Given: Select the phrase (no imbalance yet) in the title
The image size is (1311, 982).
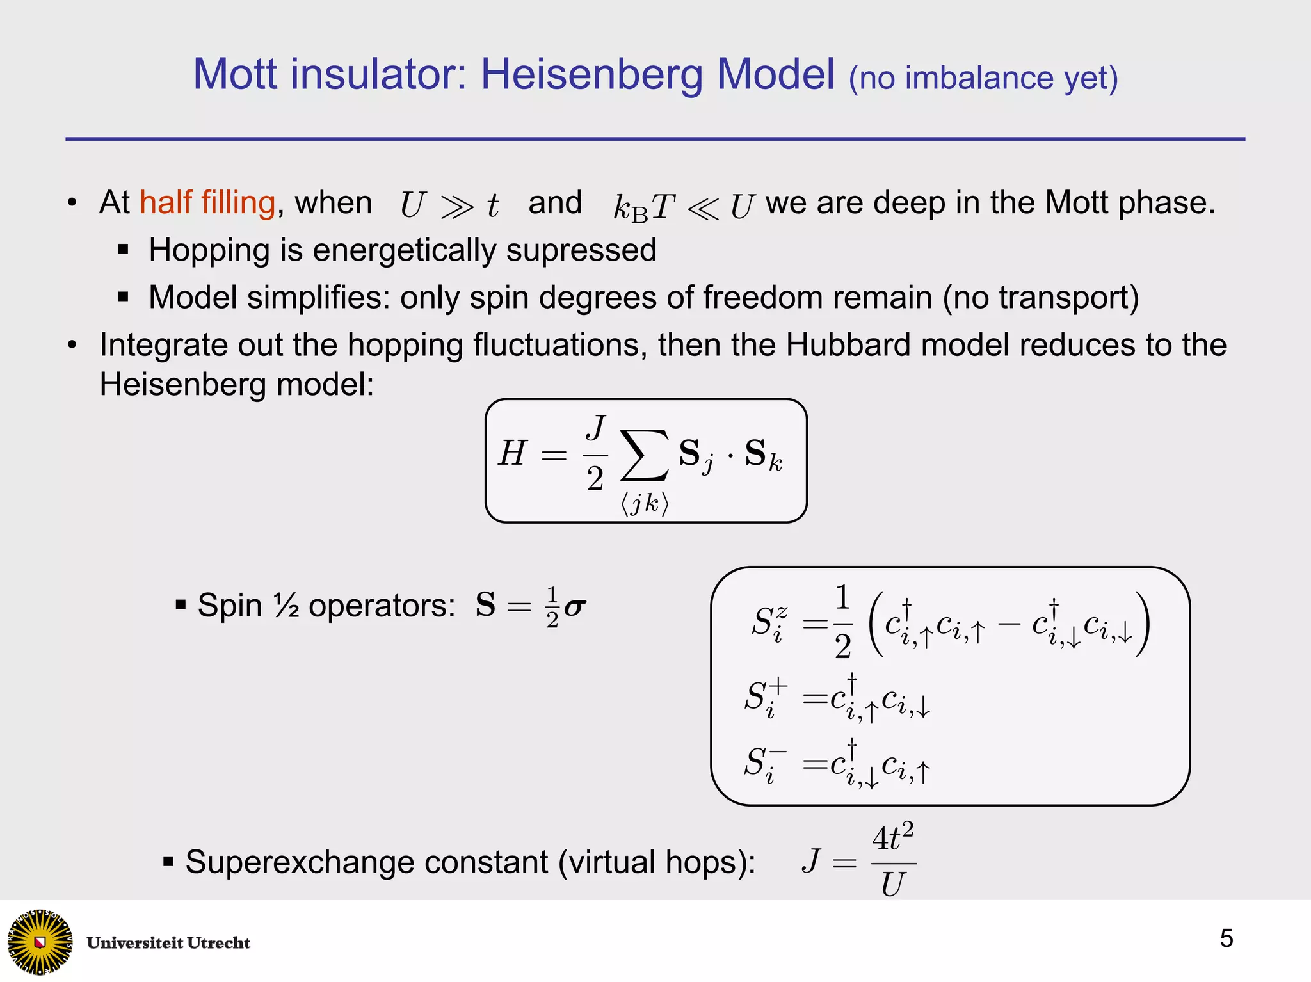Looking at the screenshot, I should click(983, 78).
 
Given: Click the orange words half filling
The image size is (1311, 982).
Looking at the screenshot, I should click(207, 203).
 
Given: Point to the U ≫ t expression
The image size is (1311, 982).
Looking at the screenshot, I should click(449, 205).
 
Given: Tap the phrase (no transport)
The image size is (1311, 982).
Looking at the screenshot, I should click(1040, 298).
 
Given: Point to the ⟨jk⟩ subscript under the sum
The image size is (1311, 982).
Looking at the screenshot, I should click(645, 504).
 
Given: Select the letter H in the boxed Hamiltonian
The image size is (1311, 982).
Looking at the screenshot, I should click(512, 453).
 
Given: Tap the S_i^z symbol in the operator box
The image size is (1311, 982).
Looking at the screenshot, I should click(768, 622).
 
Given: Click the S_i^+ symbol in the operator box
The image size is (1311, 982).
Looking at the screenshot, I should click(765, 697).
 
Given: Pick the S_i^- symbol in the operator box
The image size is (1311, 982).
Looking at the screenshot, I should click(765, 763).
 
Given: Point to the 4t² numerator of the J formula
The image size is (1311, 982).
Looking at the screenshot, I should click(893, 838).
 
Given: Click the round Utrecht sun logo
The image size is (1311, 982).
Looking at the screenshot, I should click(40, 941).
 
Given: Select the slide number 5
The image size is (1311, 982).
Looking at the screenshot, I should click(1226, 938).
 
